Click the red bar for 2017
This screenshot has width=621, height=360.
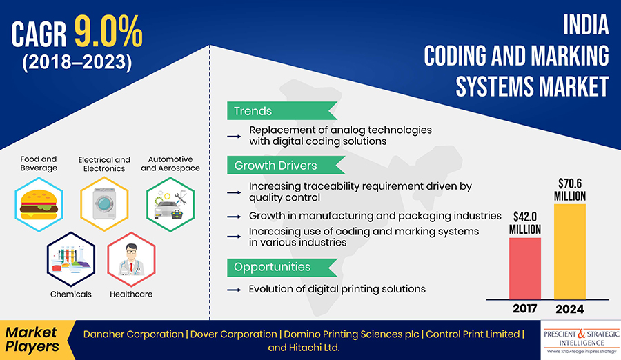(526, 268)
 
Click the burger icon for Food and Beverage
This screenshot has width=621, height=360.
(39, 201)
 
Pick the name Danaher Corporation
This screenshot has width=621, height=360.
(132, 334)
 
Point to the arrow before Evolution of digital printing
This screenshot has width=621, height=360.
(235, 289)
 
